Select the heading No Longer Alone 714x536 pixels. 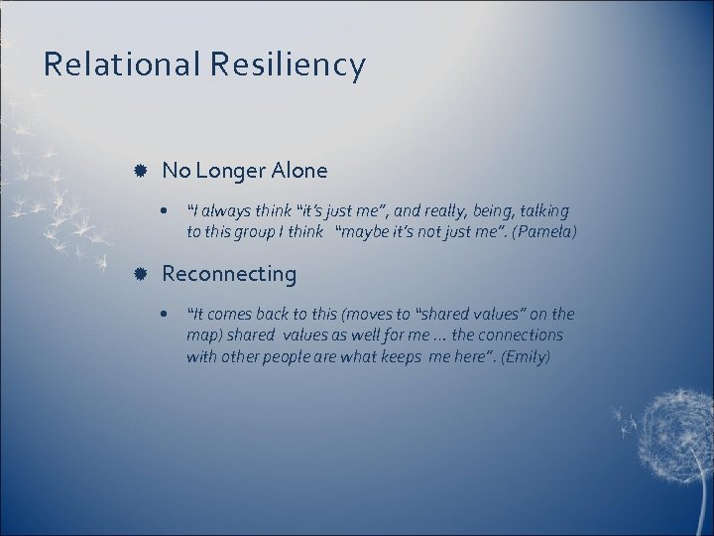(244, 171)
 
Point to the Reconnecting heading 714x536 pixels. (229, 273)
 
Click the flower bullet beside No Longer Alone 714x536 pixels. (143, 171)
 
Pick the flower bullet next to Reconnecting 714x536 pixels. (143, 273)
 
